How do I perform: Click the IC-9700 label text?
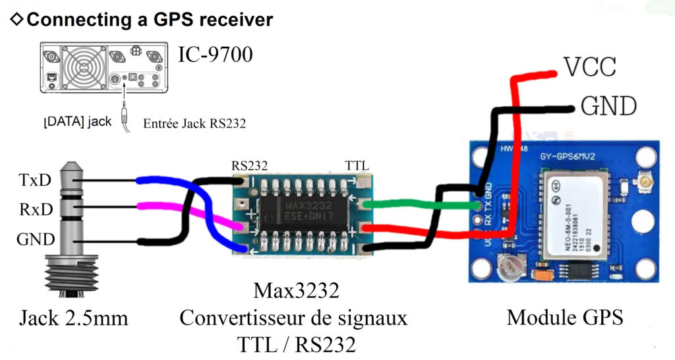pyautogui.click(x=216, y=55)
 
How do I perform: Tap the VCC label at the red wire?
pyautogui.click(x=589, y=68)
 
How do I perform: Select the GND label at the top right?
pyautogui.click(x=608, y=105)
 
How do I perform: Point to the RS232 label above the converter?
pyautogui.click(x=249, y=165)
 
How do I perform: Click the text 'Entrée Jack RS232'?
pyautogui.click(x=194, y=123)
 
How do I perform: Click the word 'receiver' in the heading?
pyautogui.click(x=225, y=19)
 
